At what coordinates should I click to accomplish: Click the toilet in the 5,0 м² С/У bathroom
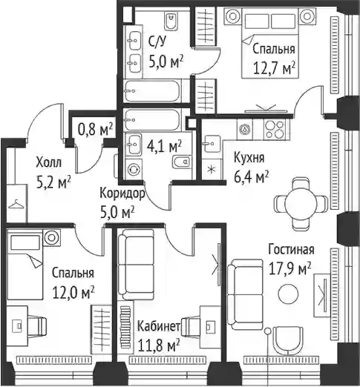click(x=171, y=21)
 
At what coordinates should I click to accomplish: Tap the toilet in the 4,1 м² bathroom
click(x=181, y=162)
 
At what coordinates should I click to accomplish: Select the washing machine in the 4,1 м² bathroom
click(x=134, y=170)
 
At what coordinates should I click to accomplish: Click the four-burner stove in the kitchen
click(x=275, y=129)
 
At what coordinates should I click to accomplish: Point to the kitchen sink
click(x=211, y=145)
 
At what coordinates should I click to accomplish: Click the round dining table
click(x=301, y=204)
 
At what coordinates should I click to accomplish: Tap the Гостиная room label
click(x=291, y=250)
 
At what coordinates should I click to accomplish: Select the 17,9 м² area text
click(x=289, y=269)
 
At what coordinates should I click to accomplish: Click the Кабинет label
click(x=159, y=326)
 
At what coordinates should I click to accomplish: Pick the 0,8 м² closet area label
click(x=95, y=129)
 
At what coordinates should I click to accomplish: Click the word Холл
click(x=48, y=163)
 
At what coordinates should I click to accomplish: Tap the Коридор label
click(x=122, y=193)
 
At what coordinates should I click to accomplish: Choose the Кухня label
click(x=249, y=158)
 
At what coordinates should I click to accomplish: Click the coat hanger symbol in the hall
click(x=16, y=205)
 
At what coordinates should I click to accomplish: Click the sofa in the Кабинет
click(x=136, y=265)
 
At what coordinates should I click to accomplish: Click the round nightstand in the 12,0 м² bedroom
click(x=52, y=238)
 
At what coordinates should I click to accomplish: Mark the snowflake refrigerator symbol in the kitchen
click(x=211, y=170)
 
